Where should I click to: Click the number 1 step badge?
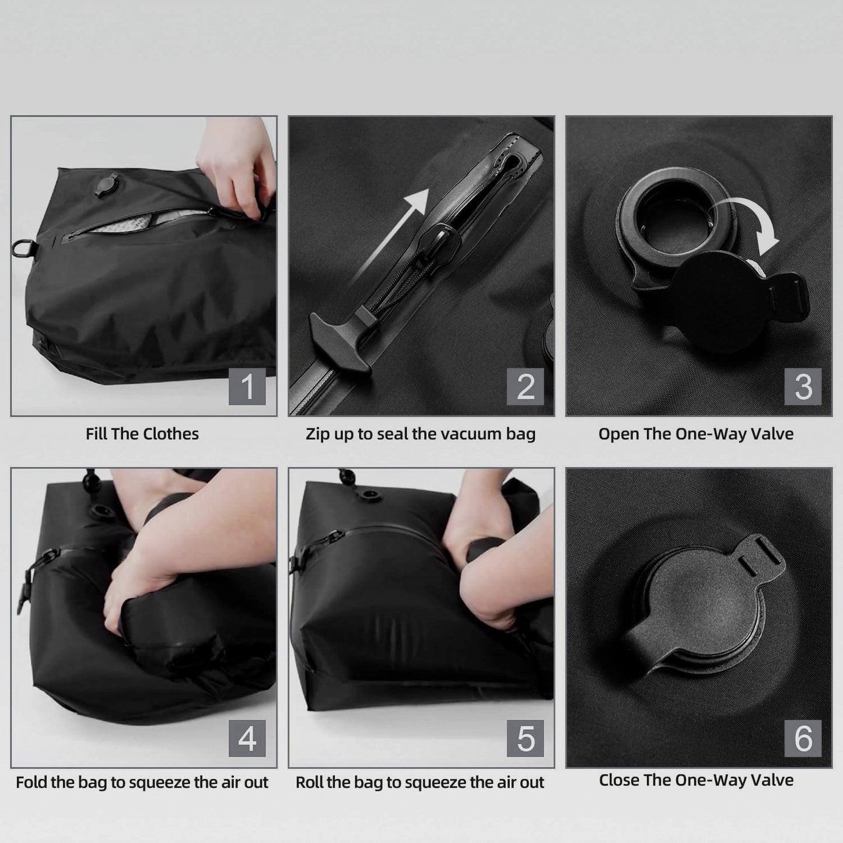(x=247, y=386)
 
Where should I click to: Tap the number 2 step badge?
(x=525, y=386)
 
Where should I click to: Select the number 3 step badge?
(x=803, y=386)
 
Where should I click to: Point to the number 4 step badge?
(x=247, y=738)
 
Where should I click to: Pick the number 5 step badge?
(x=525, y=738)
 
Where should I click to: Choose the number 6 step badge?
(x=803, y=738)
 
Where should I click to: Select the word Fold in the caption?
(x=32, y=782)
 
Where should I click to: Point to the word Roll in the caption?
(x=309, y=782)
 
